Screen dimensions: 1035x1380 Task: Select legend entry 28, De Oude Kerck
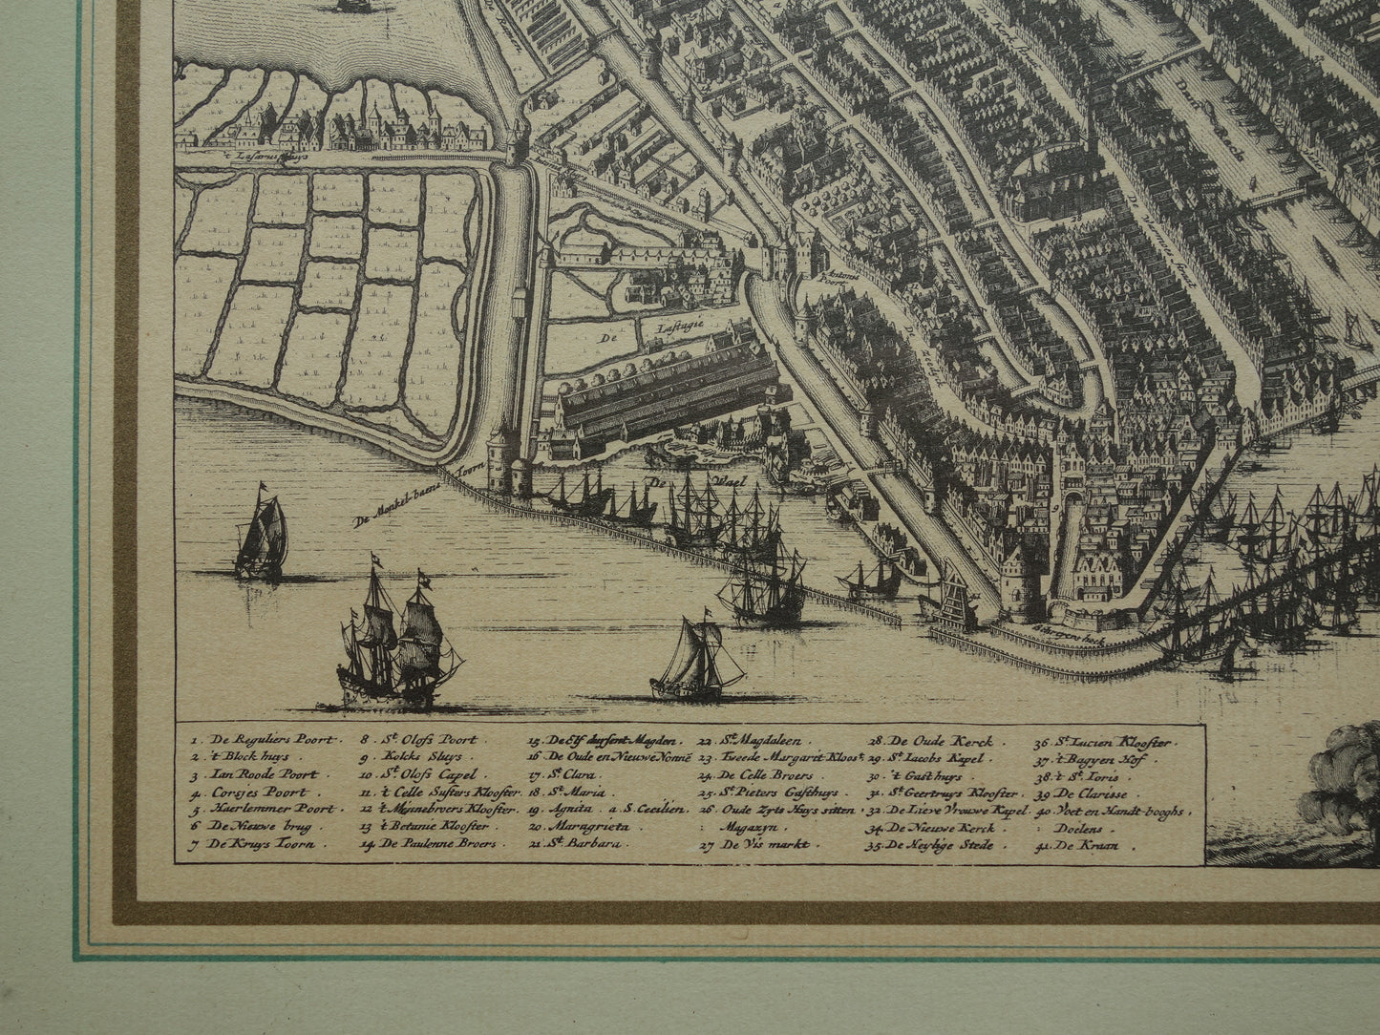coord(931,741)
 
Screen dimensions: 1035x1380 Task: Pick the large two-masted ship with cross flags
coord(396,644)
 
